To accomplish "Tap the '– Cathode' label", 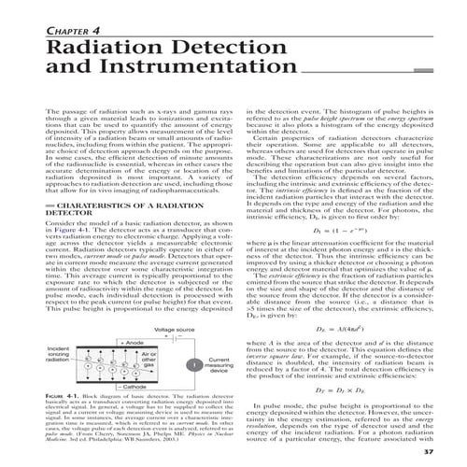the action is tap(131, 384).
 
